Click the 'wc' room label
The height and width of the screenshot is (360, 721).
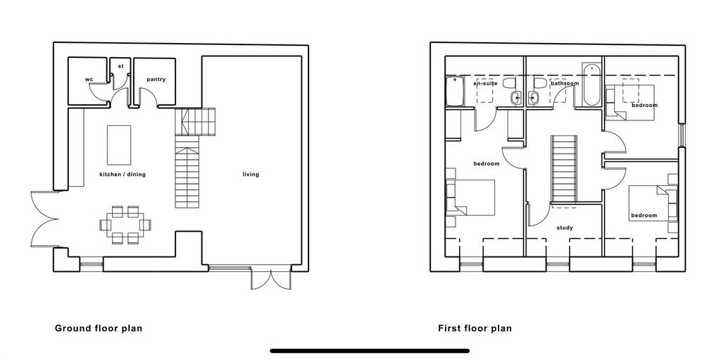89,80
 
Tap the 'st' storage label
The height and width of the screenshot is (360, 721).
121,66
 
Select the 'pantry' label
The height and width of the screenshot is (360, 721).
156,80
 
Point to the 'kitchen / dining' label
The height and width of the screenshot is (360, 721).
123,175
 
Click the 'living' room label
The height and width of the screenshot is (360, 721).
251,175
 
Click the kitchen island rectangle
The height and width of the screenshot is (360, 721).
119,145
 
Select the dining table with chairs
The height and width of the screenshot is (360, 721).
125,225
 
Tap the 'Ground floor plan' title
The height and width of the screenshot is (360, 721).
99,329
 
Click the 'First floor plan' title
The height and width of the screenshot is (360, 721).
475,329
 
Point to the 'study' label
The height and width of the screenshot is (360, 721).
564,228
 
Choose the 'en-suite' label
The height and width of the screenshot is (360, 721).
486,84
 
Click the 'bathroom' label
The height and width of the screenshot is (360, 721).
565,84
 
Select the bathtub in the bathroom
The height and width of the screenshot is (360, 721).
591,85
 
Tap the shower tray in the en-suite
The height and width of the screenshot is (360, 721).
455,91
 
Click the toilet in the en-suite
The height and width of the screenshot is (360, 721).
509,83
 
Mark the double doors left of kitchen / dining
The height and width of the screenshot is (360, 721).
44,219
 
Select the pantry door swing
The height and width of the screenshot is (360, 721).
149,98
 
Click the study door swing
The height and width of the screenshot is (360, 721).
537,215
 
